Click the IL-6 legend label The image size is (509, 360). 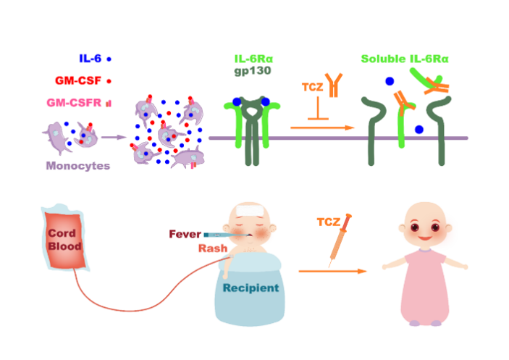click(91, 57)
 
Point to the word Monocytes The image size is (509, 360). click(77, 166)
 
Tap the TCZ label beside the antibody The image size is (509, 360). click(312, 88)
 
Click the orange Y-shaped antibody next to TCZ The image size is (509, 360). click(334, 85)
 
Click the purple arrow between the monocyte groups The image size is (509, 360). click(111, 135)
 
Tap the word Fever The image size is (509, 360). click(185, 234)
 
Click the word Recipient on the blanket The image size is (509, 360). click(251, 288)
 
